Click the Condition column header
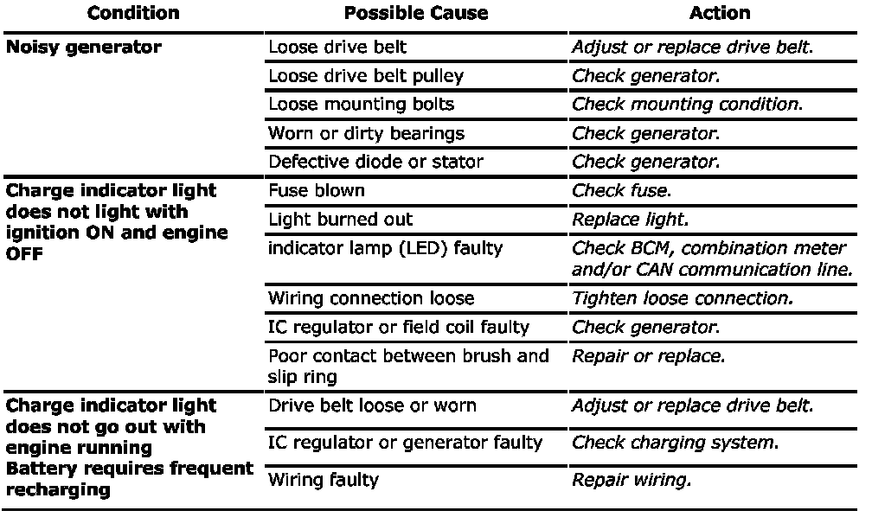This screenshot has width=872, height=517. [133, 13]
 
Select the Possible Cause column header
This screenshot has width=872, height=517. [416, 13]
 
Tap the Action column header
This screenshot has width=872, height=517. [719, 13]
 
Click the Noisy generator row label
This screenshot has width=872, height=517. [83, 48]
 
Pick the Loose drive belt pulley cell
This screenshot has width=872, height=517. [366, 76]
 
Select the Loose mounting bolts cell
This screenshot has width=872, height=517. [361, 105]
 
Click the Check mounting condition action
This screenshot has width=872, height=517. [687, 105]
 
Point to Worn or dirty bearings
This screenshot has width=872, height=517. [366, 133]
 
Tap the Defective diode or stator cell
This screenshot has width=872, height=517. [375, 162]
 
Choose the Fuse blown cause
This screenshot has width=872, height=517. [317, 190]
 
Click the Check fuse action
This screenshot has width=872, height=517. [621, 190]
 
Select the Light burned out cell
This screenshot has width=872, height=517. [340, 219]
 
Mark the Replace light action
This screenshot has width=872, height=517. [630, 219]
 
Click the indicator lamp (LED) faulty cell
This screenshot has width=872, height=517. [386, 248]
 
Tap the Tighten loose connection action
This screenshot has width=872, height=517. [682, 298]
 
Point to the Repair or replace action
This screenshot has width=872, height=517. [648, 356]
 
